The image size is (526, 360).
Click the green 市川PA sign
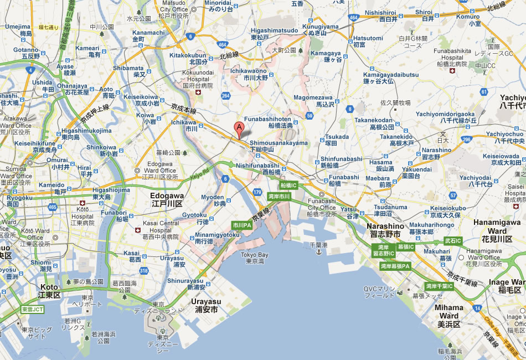[242, 225]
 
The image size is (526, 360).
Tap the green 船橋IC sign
[288, 185]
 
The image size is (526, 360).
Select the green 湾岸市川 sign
[279, 196]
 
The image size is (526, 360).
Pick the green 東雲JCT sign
[32, 309]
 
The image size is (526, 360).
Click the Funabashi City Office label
[322, 207]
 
